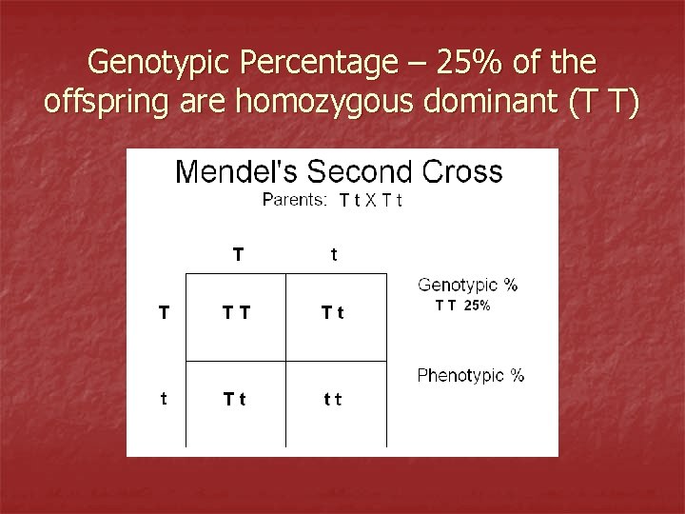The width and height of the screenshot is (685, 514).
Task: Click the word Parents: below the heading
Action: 294,200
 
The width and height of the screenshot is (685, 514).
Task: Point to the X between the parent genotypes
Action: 371,201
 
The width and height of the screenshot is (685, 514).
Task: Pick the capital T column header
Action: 238,254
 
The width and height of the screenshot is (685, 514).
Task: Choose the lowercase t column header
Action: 333,255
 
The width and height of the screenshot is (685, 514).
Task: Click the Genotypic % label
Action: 467,285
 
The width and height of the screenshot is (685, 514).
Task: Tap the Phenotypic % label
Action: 471,375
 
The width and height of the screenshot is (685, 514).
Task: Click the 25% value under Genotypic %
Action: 477,306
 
